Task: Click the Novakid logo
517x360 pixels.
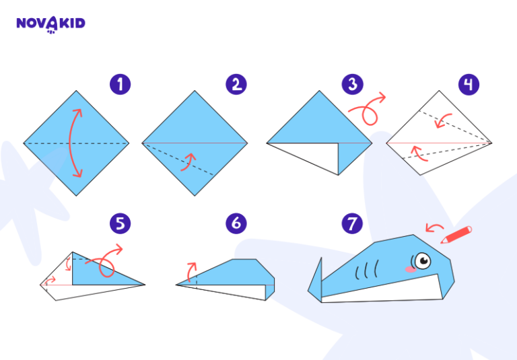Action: click(x=50, y=24)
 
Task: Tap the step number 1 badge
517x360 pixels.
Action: click(x=120, y=84)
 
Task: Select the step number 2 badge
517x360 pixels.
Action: click(x=236, y=84)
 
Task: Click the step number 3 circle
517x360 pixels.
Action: click(x=352, y=84)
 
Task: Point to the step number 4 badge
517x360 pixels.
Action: click(x=469, y=84)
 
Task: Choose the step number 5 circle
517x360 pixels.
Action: click(x=120, y=223)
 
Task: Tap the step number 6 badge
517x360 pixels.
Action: click(x=236, y=223)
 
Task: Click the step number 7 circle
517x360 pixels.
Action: click(x=352, y=223)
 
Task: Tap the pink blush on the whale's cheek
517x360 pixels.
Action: click(x=409, y=268)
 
